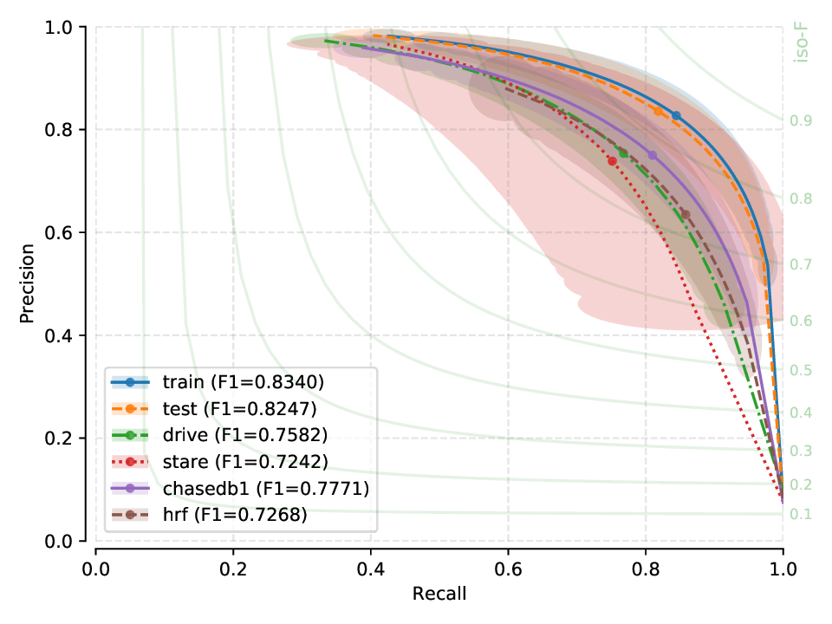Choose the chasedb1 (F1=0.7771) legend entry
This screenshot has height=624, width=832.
238,488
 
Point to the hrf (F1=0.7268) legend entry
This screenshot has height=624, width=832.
217,515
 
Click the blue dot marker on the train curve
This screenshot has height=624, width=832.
676,115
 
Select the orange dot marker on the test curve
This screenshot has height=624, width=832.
659,112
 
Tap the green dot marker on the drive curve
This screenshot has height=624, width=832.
623,153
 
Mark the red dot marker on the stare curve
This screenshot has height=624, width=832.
613,161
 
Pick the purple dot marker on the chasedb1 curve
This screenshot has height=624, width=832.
653,155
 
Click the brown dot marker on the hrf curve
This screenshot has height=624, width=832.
686,214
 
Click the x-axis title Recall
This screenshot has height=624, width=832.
439,594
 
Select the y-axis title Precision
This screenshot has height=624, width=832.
28,284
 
